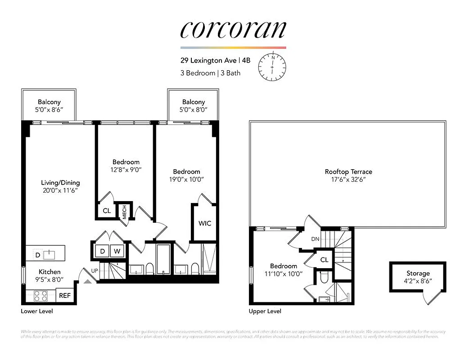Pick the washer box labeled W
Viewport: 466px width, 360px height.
pos(117,251)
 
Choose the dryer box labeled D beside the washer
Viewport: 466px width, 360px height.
pos(102,251)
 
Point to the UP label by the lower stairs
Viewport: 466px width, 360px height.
pos(95,270)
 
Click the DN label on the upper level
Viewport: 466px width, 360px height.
pos(315,239)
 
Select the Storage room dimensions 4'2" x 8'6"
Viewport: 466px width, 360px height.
pos(418,281)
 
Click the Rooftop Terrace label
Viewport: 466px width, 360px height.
pos(348,171)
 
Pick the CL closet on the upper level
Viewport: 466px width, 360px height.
pos(324,260)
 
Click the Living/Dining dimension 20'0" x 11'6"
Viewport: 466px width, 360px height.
pos(60,191)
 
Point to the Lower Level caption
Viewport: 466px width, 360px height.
pos(40,311)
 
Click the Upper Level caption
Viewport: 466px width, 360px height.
pos(265,311)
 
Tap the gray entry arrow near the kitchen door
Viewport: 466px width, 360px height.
pos(87,281)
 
